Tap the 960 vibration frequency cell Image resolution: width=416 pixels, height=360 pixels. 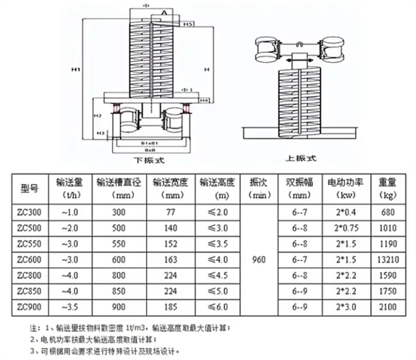pos(258,259)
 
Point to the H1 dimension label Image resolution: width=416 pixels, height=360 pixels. pos(76,68)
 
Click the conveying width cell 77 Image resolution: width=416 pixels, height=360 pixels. pos(170,212)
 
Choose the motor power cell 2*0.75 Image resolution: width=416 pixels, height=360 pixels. pos(344,228)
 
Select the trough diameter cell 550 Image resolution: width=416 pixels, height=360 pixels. pos(120,243)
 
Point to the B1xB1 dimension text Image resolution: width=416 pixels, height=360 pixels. pos(150,142)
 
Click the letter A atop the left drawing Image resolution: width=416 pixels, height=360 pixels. pos(164,11)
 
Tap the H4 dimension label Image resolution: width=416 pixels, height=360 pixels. pos(204,99)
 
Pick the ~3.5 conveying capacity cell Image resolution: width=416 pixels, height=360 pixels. pos(69,306)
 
